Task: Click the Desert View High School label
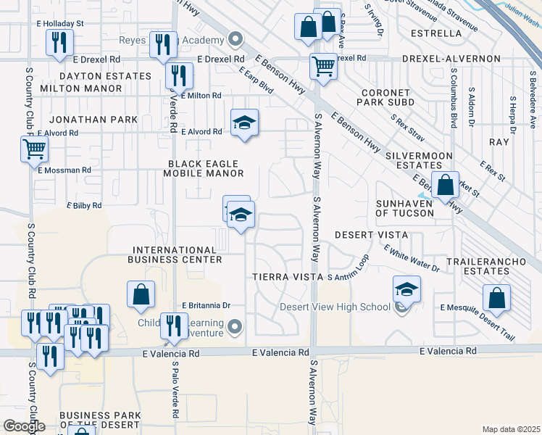[x=335, y=307]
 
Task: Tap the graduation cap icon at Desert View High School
[x=406, y=289]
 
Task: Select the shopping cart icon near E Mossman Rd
[x=34, y=150]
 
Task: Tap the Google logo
[x=23, y=426]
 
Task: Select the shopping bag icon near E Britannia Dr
[x=141, y=294]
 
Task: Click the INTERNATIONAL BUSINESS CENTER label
[x=175, y=254]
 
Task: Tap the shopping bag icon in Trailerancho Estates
[x=496, y=297]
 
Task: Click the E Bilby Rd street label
[x=84, y=206]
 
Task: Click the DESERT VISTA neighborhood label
[x=372, y=236]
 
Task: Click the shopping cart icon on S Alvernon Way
[x=322, y=67]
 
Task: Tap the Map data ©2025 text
[x=510, y=429]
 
